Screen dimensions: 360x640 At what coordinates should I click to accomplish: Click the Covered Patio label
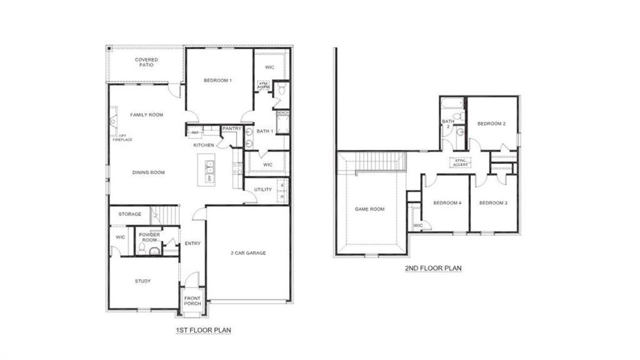(146, 62)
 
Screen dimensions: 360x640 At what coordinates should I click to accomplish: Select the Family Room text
(146, 115)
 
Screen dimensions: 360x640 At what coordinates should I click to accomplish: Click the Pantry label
(232, 129)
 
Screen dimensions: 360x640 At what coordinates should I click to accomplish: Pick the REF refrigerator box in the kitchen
(195, 132)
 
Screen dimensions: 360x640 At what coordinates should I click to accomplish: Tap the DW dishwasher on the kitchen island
(209, 178)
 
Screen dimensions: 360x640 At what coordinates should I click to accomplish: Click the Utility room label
(262, 190)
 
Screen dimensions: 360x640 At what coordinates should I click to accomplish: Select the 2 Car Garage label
(248, 253)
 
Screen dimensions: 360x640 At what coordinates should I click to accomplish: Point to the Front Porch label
(192, 301)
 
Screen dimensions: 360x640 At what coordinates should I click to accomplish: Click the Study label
(142, 281)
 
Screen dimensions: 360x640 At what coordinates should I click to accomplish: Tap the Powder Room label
(149, 237)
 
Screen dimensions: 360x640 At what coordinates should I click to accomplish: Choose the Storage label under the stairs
(129, 214)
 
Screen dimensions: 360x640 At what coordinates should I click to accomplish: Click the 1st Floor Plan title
(203, 330)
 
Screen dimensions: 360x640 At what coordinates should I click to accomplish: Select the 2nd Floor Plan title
(433, 268)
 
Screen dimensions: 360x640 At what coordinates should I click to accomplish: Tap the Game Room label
(369, 209)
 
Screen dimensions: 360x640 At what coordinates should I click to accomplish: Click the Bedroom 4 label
(447, 203)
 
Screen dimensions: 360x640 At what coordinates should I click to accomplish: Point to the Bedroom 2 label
(491, 124)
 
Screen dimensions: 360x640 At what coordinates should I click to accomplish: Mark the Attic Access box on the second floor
(460, 162)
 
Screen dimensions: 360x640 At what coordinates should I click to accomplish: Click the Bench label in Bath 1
(282, 113)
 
